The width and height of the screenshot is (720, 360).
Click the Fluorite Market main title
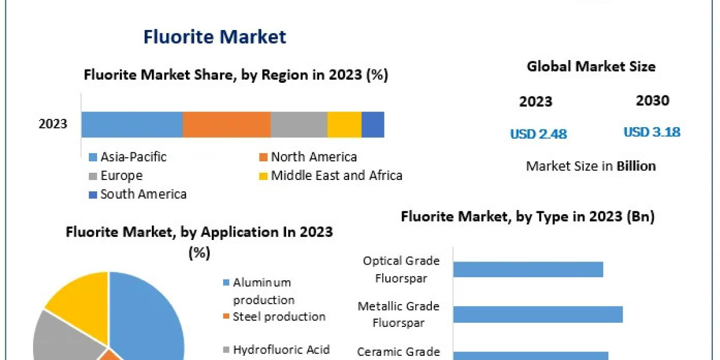tap(215, 37)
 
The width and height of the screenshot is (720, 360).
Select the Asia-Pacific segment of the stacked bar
tap(132, 124)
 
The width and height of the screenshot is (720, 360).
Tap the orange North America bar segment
tap(226, 124)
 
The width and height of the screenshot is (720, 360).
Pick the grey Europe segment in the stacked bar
tap(299, 124)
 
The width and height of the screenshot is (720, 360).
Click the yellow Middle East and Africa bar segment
tap(344, 124)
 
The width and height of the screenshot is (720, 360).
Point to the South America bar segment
tap(373, 124)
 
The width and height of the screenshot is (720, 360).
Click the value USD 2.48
tap(538, 134)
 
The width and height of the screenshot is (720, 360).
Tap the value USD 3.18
tap(652, 132)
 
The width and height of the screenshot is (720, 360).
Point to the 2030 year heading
tap(652, 101)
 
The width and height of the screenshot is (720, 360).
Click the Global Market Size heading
tap(591, 67)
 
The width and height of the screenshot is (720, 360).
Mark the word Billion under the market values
tap(636, 166)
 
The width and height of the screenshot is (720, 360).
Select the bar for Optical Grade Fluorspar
tap(528, 269)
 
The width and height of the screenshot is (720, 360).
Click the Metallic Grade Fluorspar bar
tap(538, 314)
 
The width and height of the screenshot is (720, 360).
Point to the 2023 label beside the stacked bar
tap(53, 124)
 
